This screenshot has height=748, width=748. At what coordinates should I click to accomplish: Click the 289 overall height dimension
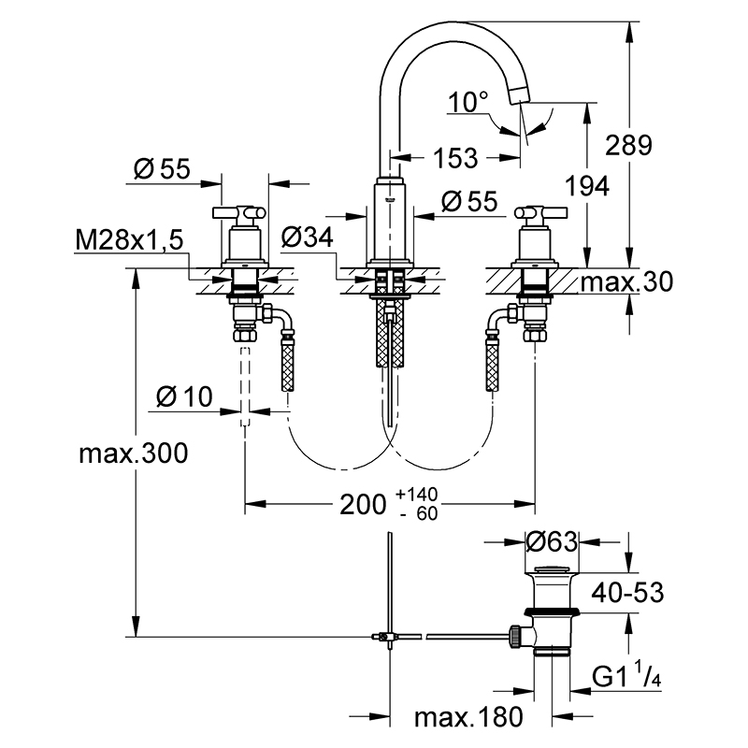pyautogui.click(x=628, y=145)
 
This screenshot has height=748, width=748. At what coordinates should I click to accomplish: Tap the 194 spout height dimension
pyautogui.click(x=587, y=185)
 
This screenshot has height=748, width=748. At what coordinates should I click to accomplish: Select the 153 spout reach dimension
pyautogui.click(x=455, y=158)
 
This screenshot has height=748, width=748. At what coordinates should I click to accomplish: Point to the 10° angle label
pyautogui.click(x=468, y=102)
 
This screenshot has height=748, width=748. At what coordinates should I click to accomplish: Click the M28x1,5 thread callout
pyautogui.click(x=129, y=240)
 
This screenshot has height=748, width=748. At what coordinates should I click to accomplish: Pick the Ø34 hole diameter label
pyautogui.click(x=308, y=237)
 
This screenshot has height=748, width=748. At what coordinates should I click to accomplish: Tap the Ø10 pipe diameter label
pyautogui.click(x=184, y=396)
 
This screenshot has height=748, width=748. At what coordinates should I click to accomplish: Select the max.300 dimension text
pyautogui.click(x=134, y=453)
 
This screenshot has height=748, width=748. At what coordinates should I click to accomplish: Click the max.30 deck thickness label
pyautogui.click(x=626, y=281)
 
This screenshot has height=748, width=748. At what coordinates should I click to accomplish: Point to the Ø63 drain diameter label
pyautogui.click(x=552, y=542)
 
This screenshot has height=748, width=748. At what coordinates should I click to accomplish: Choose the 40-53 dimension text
pyautogui.click(x=627, y=593)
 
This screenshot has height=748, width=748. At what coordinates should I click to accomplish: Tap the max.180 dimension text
pyautogui.click(x=468, y=717)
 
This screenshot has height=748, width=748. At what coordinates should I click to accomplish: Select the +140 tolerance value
pyautogui.click(x=416, y=495)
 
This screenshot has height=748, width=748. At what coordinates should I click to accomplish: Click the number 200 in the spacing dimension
pyautogui.click(x=363, y=504)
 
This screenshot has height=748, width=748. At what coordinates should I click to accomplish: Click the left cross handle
pyautogui.click(x=239, y=211)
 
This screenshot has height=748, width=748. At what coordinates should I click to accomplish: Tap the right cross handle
pyautogui.click(x=540, y=211)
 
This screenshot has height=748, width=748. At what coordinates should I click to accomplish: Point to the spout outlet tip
pyautogui.click(x=521, y=95)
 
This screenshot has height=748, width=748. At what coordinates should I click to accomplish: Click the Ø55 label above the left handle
pyautogui.click(x=162, y=168)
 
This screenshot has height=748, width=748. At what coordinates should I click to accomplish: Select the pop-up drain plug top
pyautogui.click(x=552, y=569)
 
